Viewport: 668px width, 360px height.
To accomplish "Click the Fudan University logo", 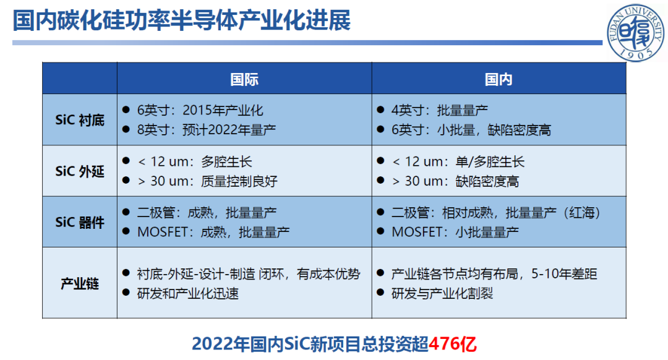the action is pyautogui.click(x=636, y=33).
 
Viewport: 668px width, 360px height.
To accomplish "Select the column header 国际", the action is pyautogui.click(x=244, y=79).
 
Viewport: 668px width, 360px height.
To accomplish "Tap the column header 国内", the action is pyautogui.click(x=499, y=79).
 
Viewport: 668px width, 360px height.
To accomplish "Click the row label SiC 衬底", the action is pyautogui.click(x=80, y=120).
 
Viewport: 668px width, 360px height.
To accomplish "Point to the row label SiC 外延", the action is pyautogui.click(x=80, y=171).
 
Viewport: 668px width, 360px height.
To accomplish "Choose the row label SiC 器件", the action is pyautogui.click(x=80, y=223).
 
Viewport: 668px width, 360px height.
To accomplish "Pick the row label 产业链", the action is pyautogui.click(x=80, y=283).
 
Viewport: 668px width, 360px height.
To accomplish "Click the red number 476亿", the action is pyautogui.click(x=452, y=344).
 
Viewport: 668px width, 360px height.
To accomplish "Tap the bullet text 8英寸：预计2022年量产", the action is pyautogui.click(x=207, y=129).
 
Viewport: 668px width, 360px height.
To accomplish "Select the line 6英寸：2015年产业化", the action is pyautogui.click(x=200, y=110).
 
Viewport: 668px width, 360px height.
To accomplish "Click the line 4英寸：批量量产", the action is pyautogui.click(x=440, y=110).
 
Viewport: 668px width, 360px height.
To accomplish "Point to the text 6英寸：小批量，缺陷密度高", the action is pyautogui.click(x=471, y=129).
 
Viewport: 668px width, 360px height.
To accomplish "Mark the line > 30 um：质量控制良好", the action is pyautogui.click(x=207, y=181).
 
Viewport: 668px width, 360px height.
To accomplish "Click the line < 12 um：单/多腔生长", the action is pyautogui.click(x=458, y=162).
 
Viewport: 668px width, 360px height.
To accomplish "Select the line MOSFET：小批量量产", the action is pyautogui.click(x=455, y=232).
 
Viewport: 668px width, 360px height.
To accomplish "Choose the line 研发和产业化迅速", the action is pyautogui.click(x=188, y=293).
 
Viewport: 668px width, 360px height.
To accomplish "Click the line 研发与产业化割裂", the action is pyautogui.click(x=442, y=293).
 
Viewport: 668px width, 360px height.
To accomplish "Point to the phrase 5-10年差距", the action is pyautogui.click(x=564, y=274).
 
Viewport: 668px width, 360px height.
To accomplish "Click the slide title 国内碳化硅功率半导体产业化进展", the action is pyautogui.click(x=182, y=20).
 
